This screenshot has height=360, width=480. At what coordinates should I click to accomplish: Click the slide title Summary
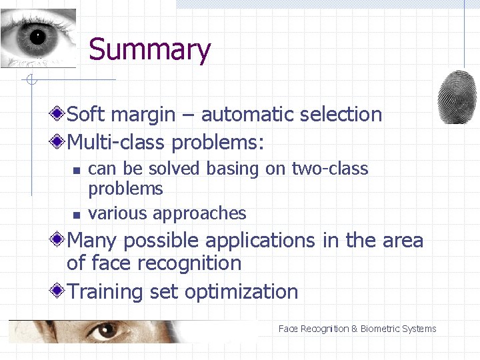(149, 50)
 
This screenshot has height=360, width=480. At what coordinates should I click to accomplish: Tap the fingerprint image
(457, 97)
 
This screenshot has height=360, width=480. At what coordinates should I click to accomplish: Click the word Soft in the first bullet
(87, 115)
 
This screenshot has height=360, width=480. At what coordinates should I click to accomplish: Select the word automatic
(248, 115)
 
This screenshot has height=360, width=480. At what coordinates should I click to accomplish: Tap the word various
(118, 213)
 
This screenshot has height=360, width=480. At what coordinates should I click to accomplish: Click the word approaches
(199, 214)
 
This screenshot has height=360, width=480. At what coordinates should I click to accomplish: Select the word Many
(93, 240)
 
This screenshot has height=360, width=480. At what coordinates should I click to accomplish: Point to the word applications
(254, 240)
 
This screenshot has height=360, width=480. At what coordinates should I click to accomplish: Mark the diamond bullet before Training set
(59, 291)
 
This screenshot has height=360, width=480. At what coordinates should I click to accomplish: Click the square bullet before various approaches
(77, 215)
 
